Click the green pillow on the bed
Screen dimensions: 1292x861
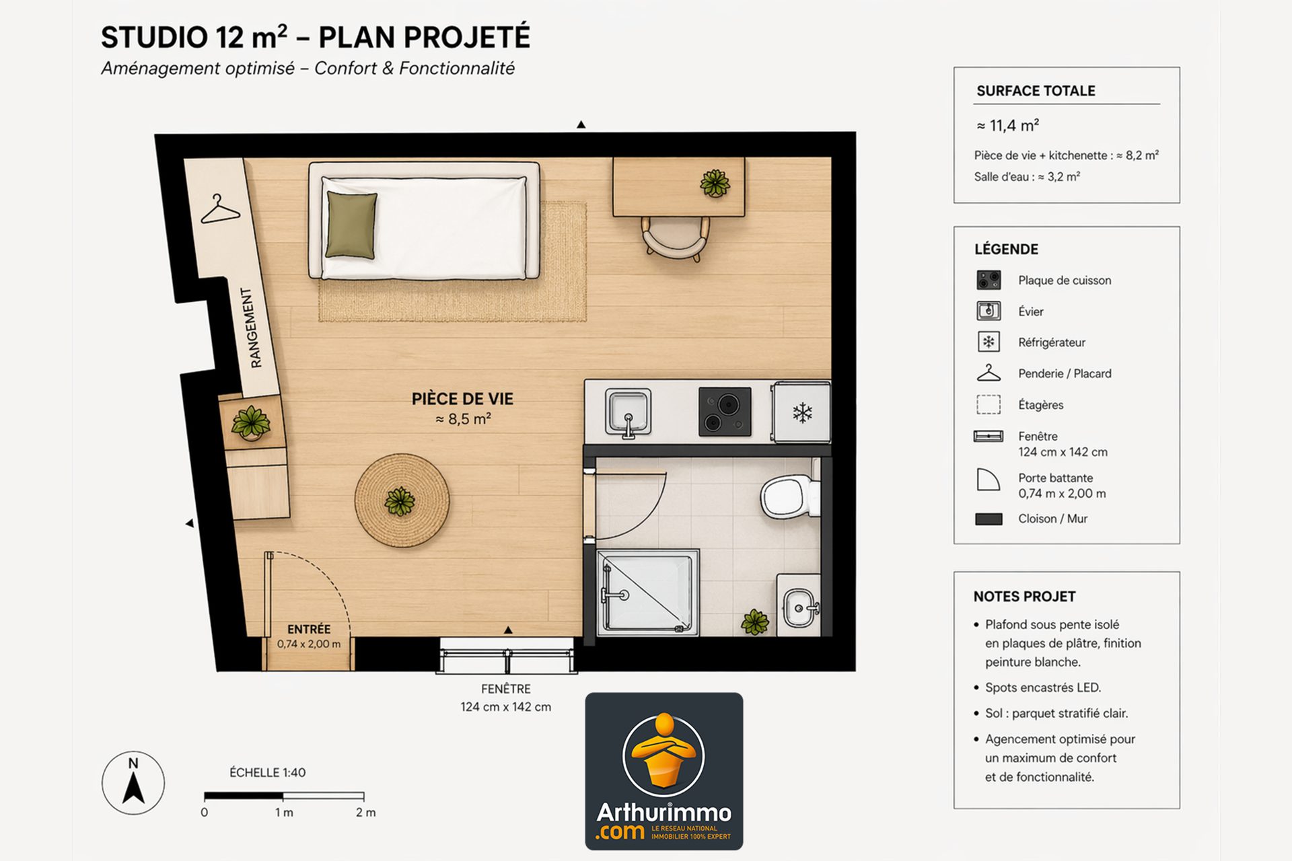(x=351, y=225)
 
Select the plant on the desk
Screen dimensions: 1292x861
(x=715, y=183)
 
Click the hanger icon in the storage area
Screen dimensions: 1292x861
(x=220, y=210)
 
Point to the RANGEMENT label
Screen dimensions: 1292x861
(x=251, y=328)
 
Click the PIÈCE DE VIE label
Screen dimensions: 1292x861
(x=462, y=399)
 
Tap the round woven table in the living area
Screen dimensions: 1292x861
(x=402, y=500)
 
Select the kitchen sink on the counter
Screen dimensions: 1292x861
(x=628, y=412)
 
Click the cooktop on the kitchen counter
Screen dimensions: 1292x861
(x=725, y=412)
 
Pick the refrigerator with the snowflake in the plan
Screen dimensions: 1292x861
(x=801, y=412)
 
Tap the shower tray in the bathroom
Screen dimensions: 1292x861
(x=647, y=593)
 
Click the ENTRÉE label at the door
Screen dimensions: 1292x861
(x=309, y=630)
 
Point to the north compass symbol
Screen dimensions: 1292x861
(x=133, y=783)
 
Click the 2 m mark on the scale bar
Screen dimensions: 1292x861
(x=365, y=813)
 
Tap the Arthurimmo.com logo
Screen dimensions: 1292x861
(x=664, y=772)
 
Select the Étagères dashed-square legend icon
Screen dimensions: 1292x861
(x=989, y=404)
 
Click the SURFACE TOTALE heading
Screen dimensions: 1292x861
(x=1036, y=91)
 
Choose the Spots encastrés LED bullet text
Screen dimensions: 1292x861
(x=1043, y=687)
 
